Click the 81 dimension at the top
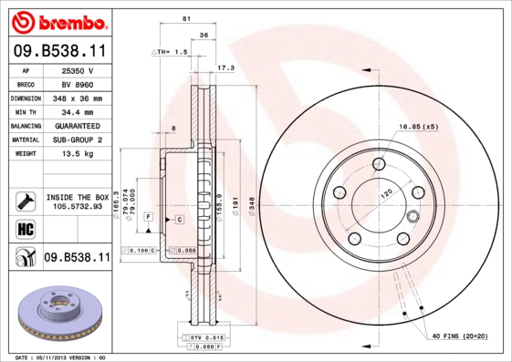186,19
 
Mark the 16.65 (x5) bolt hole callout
418,126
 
